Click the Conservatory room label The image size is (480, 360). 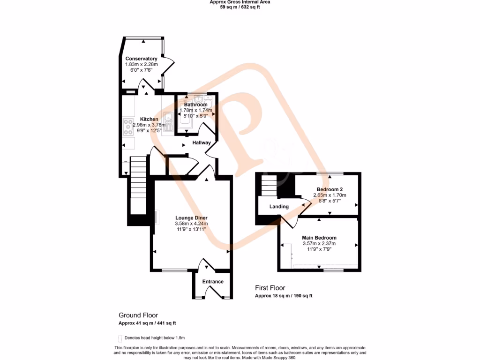[141, 59]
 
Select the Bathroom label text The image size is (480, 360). [195, 105]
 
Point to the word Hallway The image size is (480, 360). [201, 142]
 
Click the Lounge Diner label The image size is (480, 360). [191, 218]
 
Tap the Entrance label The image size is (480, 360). [213, 282]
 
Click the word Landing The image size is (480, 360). [279, 207]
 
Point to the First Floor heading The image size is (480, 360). [270, 288]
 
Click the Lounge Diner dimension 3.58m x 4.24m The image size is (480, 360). [191, 224]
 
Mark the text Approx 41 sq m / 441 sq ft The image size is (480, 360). [147, 323]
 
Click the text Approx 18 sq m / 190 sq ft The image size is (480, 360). [284, 296]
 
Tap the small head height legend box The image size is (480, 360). [120, 338]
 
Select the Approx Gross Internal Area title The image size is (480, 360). [240, 2]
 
